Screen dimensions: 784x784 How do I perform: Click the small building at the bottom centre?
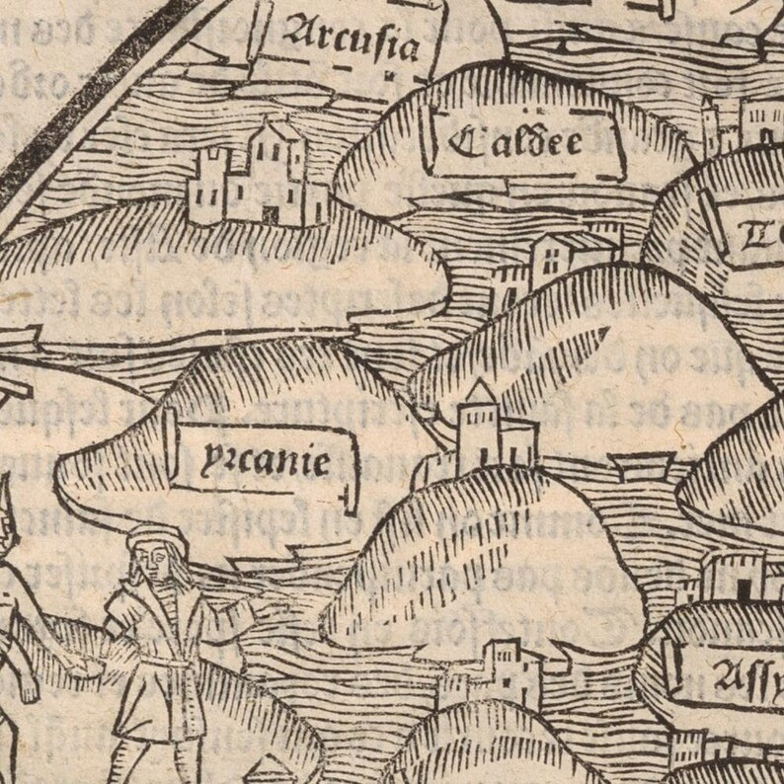(x=499, y=666)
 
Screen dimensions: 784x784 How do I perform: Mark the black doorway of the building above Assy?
(x=742, y=588)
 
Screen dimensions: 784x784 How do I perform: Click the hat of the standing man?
(x=149, y=538)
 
